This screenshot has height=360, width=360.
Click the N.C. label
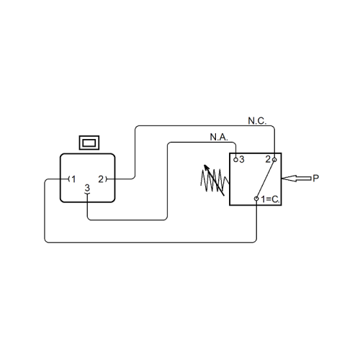pos(257,121)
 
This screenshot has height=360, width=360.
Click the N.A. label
pos(219,138)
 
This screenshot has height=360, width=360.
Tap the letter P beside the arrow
pos(316,179)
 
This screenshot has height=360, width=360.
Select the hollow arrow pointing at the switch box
pos(297,179)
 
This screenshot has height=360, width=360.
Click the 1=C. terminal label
pos(270,199)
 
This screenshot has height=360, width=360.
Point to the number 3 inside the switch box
pos(241,159)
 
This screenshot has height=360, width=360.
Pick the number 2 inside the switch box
pos(268,159)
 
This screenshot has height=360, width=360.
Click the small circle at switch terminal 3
pos(235,160)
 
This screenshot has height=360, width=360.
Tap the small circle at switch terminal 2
pos(274,160)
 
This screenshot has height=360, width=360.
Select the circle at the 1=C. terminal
pos(256,199)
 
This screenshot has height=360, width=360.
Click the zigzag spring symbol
pos(215,181)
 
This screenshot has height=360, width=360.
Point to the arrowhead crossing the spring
pos(206,168)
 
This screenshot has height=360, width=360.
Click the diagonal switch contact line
pos(266,179)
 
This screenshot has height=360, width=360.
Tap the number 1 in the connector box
pos(73,179)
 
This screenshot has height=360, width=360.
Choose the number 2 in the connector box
pos(101,179)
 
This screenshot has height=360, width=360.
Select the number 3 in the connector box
pos(87,188)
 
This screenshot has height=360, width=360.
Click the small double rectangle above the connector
pos(89,143)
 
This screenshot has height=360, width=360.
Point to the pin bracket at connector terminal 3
pos(87,193)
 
